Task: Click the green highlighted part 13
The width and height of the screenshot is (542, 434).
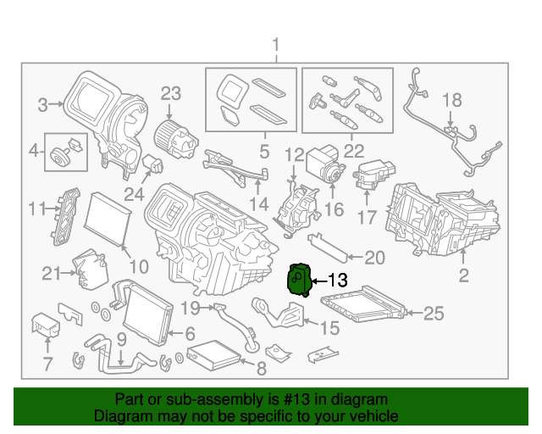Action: coord(300,279)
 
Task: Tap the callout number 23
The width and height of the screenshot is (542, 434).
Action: coord(172,93)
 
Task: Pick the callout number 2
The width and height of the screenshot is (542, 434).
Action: coord(463,274)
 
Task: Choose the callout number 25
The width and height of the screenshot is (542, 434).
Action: coord(434,314)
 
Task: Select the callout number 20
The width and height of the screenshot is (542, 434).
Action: coord(374,258)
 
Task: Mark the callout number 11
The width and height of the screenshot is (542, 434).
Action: coord(36,209)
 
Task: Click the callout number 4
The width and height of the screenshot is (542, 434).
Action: coord(34,152)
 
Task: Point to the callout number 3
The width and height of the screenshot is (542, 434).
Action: coord(41,105)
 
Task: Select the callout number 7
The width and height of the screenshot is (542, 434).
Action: coord(47,365)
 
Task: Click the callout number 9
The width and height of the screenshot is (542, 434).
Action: coord(121,339)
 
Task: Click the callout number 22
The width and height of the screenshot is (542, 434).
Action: coord(353,152)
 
